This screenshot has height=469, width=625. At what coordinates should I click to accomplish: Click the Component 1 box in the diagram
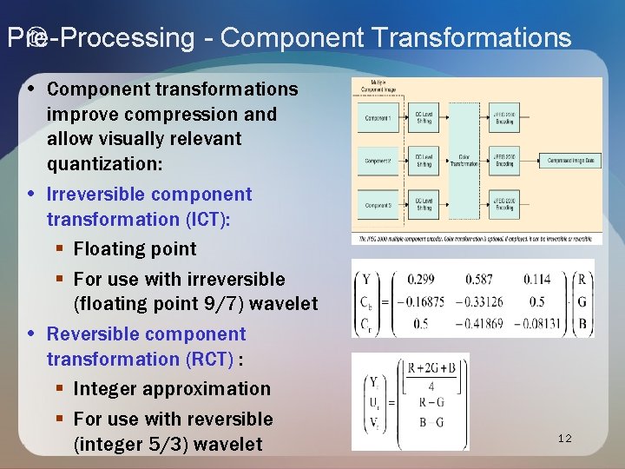coord(378,118)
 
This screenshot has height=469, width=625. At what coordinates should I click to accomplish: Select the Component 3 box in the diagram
coord(378,205)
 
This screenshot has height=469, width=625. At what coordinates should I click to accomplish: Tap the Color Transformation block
coord(465,160)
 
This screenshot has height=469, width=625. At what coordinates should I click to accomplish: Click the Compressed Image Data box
coord(570,160)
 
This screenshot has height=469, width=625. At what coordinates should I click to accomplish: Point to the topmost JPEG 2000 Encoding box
coord(503,118)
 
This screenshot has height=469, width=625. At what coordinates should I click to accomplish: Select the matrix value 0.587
coord(478,279)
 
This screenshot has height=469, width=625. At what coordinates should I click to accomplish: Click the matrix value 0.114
coord(536,279)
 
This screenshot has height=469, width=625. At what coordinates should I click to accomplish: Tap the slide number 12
coord(564,439)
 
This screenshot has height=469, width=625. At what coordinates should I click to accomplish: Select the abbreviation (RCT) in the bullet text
coord(202,359)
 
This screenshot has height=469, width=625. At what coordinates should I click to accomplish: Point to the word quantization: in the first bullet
coord(101,163)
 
